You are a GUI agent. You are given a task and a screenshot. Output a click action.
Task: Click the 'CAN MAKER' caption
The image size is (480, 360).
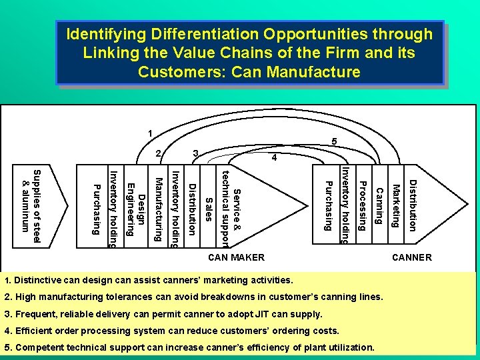(237, 257)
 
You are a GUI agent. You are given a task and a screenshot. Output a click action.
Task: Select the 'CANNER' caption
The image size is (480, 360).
(412, 257)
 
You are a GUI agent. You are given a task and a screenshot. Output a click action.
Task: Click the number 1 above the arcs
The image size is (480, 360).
(151, 131)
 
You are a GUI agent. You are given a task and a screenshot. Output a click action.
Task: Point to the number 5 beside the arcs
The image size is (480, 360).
(335, 141)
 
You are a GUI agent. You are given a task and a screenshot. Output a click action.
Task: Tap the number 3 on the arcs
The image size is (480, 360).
(195, 154)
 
